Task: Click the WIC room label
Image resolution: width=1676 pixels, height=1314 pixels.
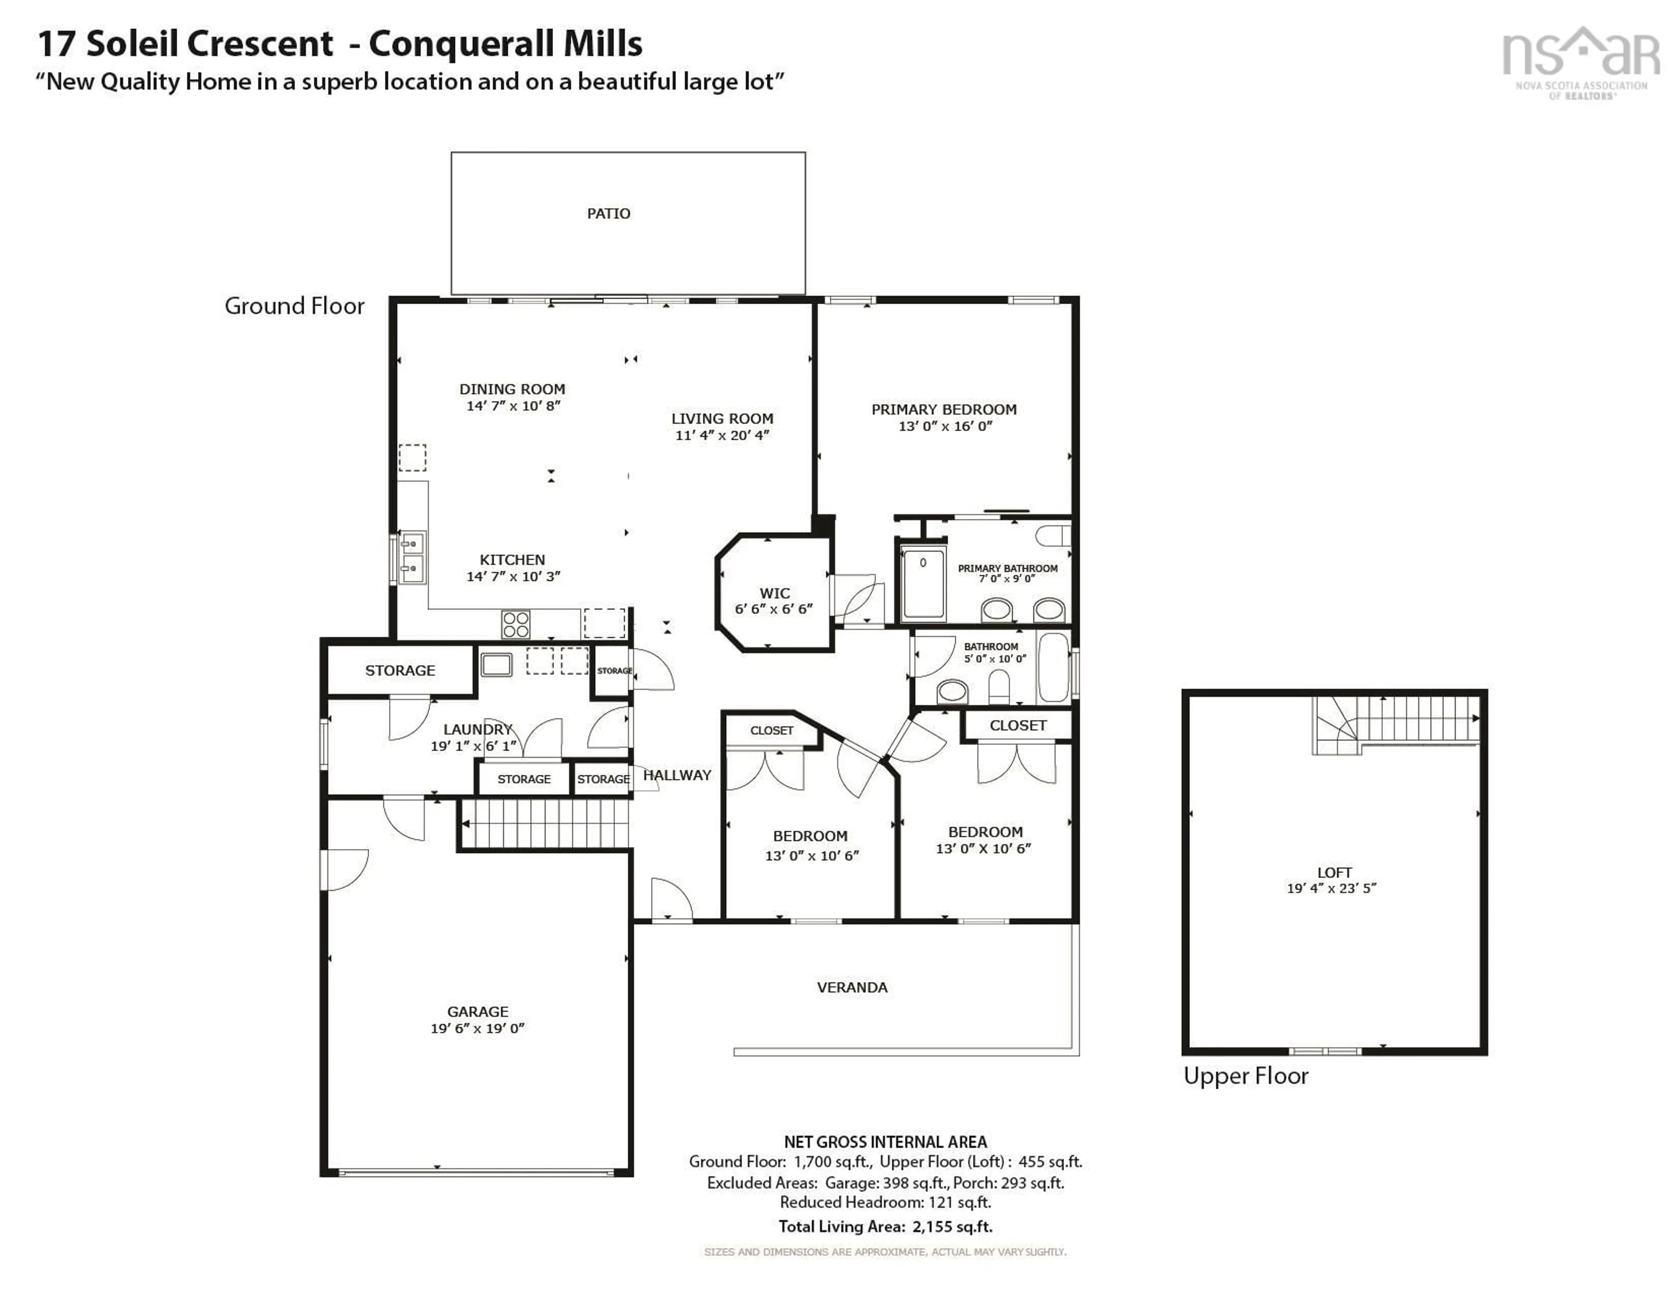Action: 774,593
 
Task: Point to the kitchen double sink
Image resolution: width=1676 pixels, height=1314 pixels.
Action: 412,557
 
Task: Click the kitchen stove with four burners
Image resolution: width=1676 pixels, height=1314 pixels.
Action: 515,624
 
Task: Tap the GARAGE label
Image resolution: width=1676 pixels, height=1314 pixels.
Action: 477,1012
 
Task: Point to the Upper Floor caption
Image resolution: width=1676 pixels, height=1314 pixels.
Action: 1245,1076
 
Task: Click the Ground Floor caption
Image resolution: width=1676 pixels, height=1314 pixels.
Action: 294,306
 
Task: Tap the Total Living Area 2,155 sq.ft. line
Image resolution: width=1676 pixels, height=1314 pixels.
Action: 885,1226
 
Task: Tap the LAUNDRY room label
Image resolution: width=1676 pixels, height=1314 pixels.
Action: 477,729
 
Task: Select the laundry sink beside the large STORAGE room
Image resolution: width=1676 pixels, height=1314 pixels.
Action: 496,664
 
